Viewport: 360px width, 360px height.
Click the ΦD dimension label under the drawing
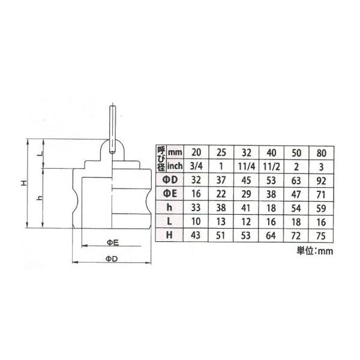click(x=112, y=259)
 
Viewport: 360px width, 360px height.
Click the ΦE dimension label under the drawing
click(x=113, y=242)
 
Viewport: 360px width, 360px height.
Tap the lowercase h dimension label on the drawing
click(x=40, y=197)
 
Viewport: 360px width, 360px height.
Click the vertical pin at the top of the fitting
click(x=112, y=130)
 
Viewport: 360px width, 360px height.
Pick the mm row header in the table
click(x=175, y=152)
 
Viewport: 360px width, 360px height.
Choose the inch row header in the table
click(x=175, y=166)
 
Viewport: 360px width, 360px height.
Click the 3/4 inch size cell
click(x=196, y=166)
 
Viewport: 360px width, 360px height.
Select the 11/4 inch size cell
click(x=247, y=166)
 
